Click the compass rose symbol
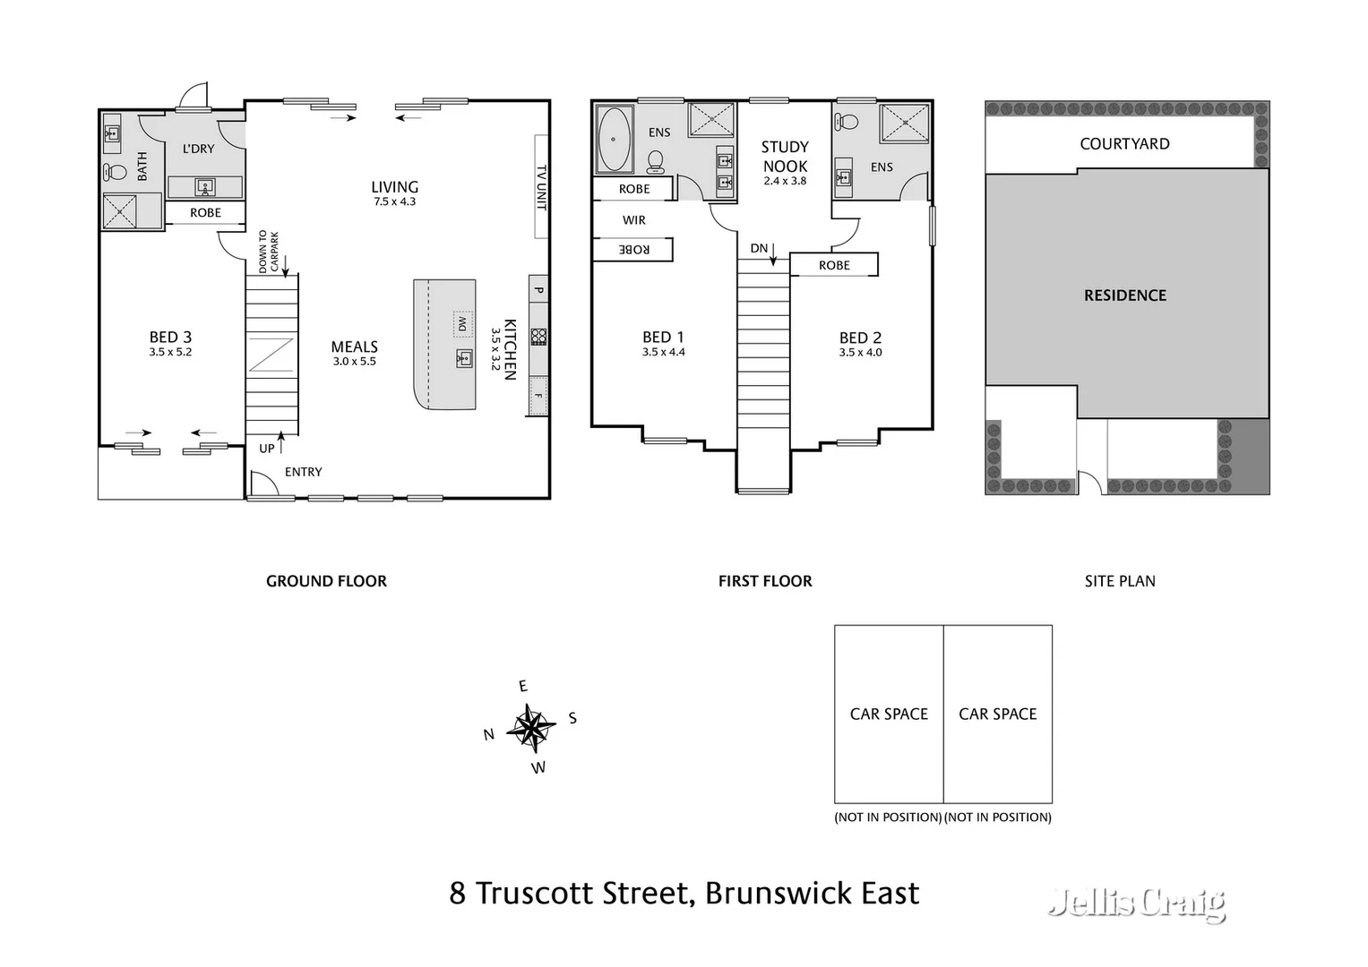[531, 727]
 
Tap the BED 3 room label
[170, 338]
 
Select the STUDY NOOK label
[785, 157]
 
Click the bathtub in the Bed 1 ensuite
[613, 140]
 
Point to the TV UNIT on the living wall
[541, 186]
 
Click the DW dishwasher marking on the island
[462, 323]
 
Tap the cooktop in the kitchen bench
[538, 337]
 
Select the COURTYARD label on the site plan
[1124, 144]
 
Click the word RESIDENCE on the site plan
[1125, 295]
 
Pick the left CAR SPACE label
[889, 714]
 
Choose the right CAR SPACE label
[997, 714]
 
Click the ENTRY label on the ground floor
[303, 472]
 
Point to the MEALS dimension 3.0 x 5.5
[355, 362]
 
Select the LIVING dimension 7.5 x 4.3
[394, 201]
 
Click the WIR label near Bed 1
[633, 220]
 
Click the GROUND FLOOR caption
[326, 581]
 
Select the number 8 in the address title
[458, 894]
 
